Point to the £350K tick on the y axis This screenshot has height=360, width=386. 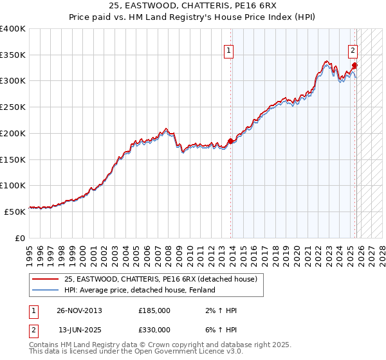coord(13,55)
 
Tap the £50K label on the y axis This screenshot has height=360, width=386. coord(15,211)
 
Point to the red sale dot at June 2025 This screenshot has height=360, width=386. coord(354,65)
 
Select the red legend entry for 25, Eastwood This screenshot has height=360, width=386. coord(161,279)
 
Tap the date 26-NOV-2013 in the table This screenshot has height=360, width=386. coord(80,310)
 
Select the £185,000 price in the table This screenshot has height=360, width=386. coord(154,310)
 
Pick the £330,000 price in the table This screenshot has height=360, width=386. coord(154,329)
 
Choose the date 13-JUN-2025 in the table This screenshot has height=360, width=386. coord(80,329)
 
